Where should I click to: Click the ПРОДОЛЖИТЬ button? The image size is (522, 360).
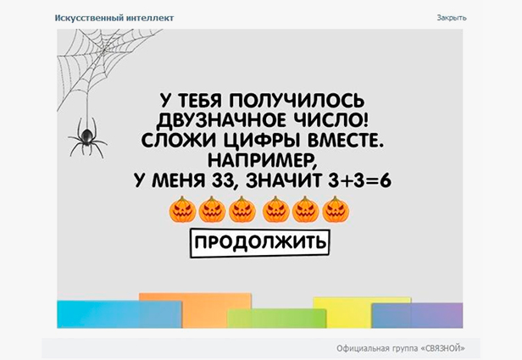click(259, 242)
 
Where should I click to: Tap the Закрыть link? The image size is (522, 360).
click(452, 18)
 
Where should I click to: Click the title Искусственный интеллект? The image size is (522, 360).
click(114, 18)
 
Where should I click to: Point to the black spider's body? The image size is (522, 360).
click(87, 136)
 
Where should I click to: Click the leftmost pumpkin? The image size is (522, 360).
click(182, 209)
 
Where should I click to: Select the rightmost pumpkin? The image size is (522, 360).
click(336, 209)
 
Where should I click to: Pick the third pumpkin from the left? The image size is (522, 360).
click(242, 209)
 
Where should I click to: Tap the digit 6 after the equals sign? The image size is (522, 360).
click(386, 180)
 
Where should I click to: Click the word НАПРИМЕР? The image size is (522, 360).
click(263, 161)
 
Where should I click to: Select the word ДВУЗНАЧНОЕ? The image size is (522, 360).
click(221, 120)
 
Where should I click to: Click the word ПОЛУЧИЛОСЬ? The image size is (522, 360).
click(297, 100)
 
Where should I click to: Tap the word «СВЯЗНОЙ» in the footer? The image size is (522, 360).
click(443, 348)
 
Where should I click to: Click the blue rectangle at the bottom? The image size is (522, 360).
click(119, 314)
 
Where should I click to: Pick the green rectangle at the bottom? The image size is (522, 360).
click(277, 318)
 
